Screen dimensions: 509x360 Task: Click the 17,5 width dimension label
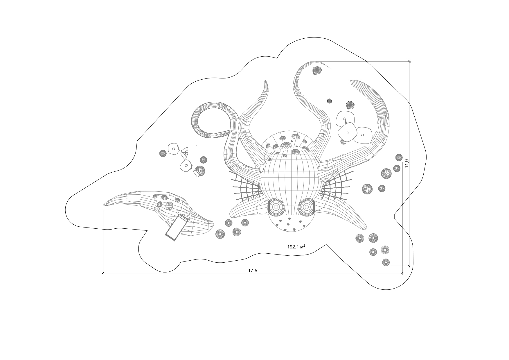253,271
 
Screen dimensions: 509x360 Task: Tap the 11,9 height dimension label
407,163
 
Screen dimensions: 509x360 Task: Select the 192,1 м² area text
296,247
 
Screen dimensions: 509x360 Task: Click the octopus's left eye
276,207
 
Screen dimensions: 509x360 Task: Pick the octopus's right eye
306,207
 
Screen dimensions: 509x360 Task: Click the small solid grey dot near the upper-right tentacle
329,101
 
